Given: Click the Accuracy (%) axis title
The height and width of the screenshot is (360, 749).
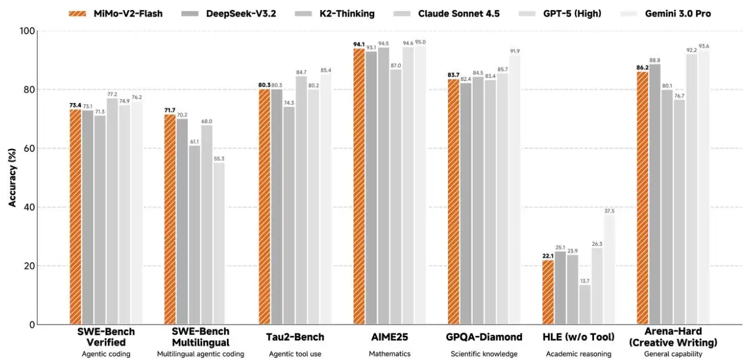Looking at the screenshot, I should coord(12,177).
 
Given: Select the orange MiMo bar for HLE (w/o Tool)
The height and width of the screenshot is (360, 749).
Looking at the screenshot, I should coord(548,292).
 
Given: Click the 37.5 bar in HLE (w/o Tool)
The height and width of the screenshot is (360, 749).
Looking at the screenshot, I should coord(609,270).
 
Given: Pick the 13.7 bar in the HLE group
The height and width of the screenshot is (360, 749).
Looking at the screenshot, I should coord(585,305).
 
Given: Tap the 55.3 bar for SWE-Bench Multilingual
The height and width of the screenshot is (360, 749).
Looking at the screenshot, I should coord(219,243).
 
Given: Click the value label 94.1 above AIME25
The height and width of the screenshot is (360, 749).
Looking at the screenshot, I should coord(358,43).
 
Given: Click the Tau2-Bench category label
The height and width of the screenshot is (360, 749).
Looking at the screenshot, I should coord(295,338).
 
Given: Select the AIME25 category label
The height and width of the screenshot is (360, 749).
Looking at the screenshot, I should coord(390,338).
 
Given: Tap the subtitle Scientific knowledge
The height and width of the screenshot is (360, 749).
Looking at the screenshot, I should coord(484,354).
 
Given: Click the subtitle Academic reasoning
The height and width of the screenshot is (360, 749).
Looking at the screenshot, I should coord(579,354).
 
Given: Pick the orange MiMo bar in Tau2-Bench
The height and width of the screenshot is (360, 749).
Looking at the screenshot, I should coord(264,207).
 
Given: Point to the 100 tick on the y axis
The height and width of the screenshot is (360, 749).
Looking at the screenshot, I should coord(26,31).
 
